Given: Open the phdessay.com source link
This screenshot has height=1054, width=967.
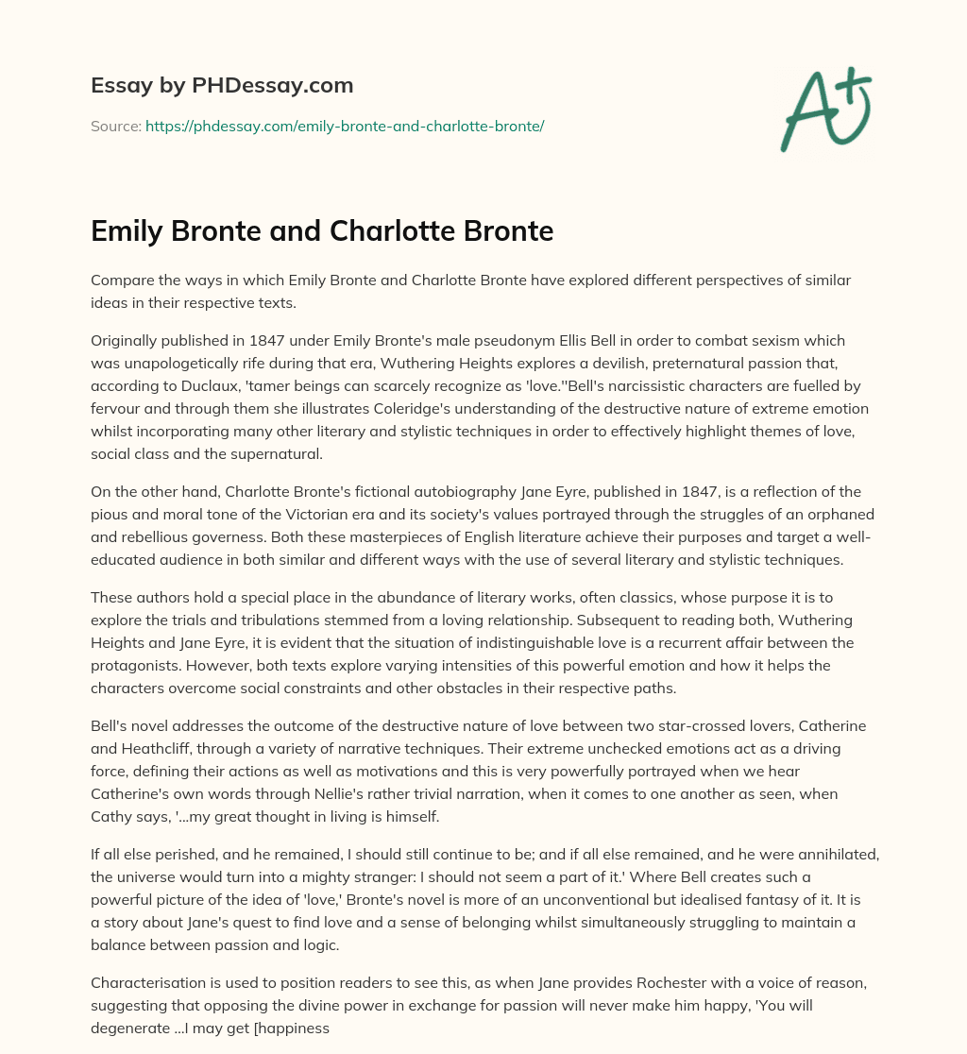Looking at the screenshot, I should point(345,126).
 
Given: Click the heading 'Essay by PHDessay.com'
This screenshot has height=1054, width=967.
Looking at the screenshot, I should point(222,85).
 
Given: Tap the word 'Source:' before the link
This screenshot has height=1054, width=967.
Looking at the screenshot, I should point(115,126).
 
